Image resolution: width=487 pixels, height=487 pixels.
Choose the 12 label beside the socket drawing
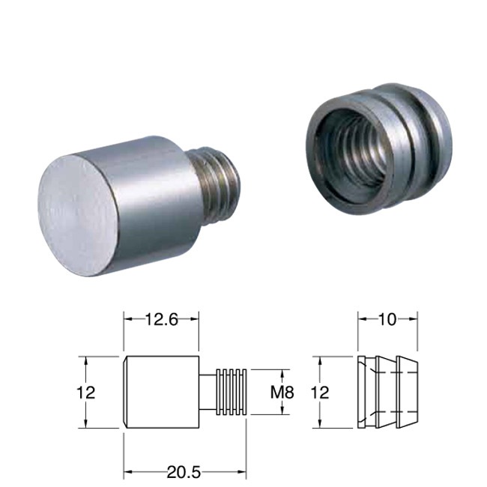point(319,392)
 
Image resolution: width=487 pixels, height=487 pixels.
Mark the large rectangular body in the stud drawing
point(161,392)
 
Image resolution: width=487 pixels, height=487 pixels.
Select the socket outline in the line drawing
point(387,392)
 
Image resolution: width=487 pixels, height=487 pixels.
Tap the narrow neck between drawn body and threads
point(208,391)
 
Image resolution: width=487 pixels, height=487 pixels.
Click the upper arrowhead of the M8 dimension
point(282,373)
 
